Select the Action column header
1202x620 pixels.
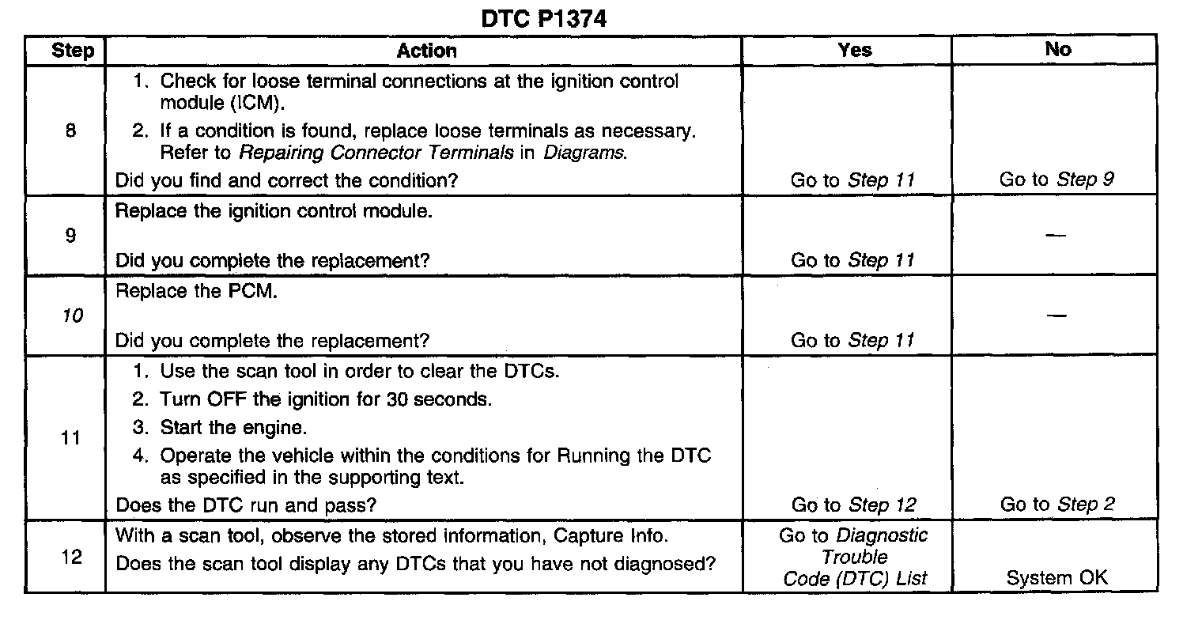426,51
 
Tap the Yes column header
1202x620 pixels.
854,50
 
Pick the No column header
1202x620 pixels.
1057,50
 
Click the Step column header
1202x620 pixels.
72,51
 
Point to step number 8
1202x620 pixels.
70,131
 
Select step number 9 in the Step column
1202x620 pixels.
70,236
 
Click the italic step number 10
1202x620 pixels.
71,316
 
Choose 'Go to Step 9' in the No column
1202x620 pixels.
1057,180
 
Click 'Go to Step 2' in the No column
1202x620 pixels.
1057,505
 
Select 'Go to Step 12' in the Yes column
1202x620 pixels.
853,505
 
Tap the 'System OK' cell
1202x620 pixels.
1057,578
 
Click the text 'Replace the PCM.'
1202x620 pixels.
197,291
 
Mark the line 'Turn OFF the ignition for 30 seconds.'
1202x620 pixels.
325,399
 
